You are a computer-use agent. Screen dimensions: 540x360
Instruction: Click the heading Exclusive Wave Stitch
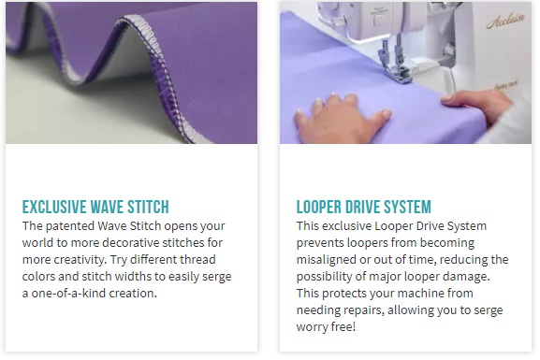tap(95, 207)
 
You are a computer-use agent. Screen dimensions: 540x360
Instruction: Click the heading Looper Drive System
tap(364, 207)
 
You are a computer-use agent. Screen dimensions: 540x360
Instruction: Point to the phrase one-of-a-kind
tap(69, 294)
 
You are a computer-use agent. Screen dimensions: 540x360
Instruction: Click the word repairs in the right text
tap(361, 310)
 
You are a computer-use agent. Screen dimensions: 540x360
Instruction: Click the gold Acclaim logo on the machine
tap(505, 21)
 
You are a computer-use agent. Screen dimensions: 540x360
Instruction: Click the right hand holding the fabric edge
tap(479, 103)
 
